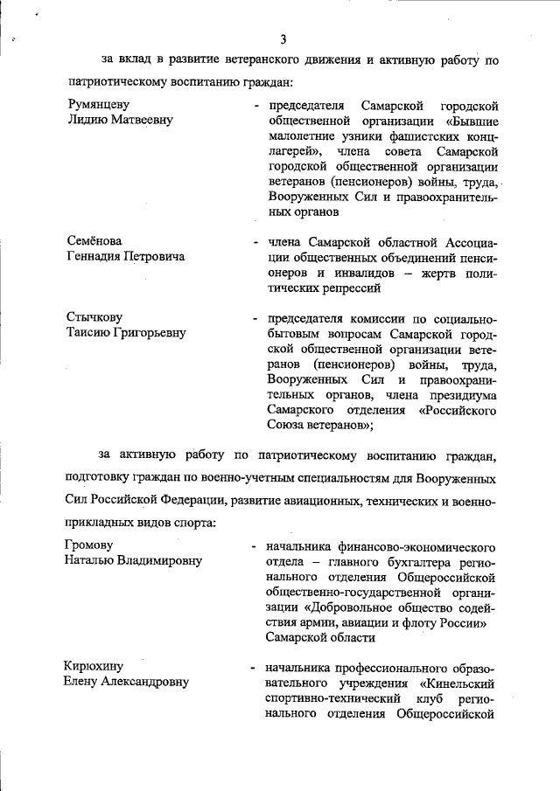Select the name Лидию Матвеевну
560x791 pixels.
[121, 120]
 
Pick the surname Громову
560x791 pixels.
[94, 545]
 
